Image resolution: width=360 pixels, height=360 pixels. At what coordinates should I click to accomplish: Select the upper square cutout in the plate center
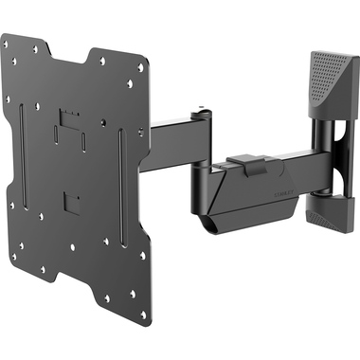click(x=67, y=120)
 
